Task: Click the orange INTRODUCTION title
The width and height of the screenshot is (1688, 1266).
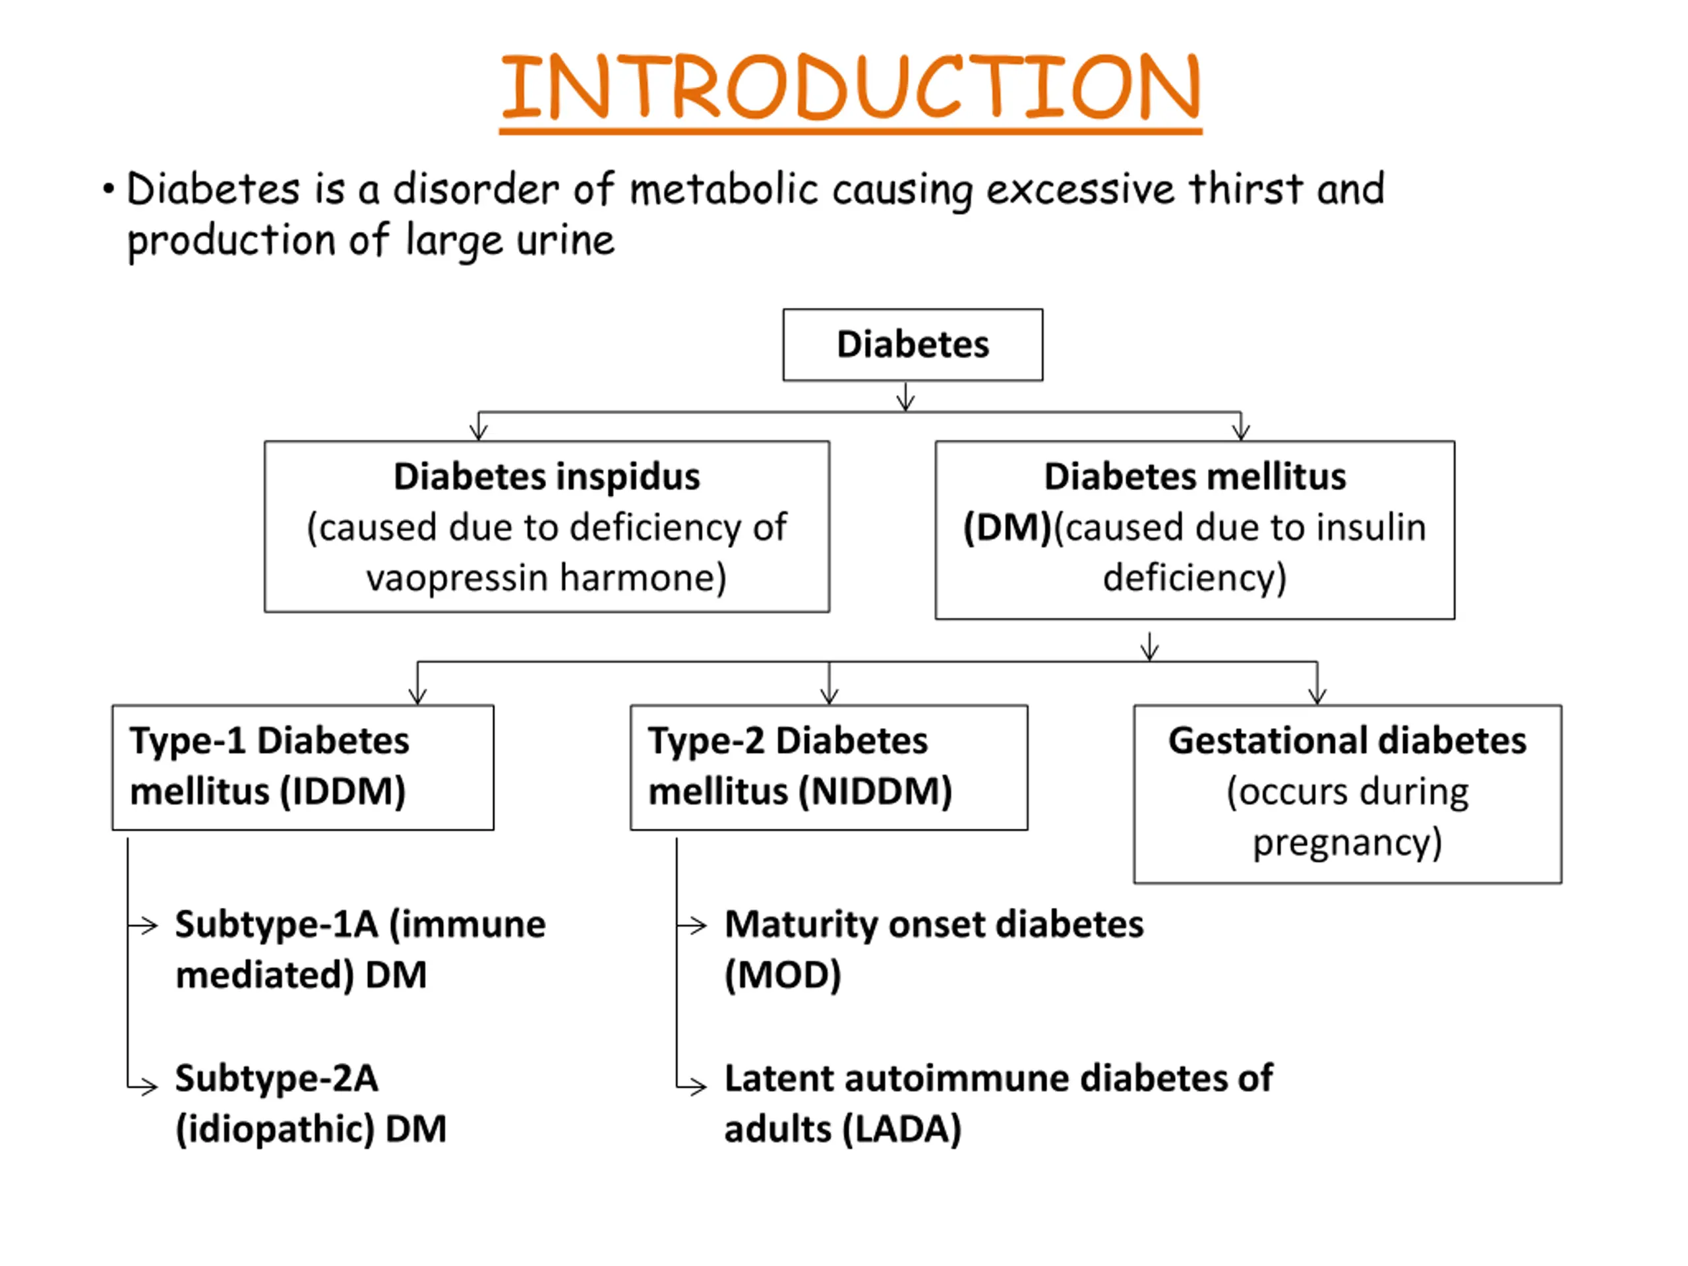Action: tap(850, 87)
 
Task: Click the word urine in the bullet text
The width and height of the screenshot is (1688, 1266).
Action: tap(566, 241)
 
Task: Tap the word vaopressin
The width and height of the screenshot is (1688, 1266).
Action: tap(457, 578)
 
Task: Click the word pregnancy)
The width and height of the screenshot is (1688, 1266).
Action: tap(1348, 843)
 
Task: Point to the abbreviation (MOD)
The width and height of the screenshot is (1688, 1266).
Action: tap(783, 975)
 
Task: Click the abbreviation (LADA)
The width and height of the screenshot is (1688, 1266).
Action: tap(902, 1129)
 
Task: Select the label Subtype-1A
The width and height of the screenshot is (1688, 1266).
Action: tap(276, 926)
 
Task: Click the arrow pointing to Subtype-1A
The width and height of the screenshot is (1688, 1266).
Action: tap(142, 926)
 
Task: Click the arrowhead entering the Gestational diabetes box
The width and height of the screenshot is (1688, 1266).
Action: tap(1317, 696)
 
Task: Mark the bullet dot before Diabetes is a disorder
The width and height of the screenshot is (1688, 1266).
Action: tap(108, 188)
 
